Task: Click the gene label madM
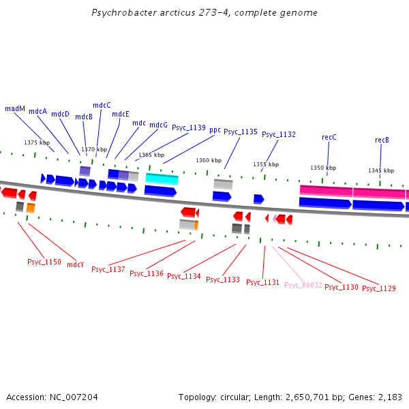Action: point(15,108)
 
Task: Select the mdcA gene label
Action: point(37,111)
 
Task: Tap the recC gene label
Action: point(329,137)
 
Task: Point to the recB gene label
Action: point(382,140)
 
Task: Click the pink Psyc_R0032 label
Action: point(303,285)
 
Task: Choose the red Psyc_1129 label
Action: point(378,288)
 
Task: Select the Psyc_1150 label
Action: point(44,262)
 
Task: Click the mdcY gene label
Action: point(75,264)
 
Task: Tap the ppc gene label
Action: point(215,130)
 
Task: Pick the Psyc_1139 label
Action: point(189,127)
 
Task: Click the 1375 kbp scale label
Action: point(37,142)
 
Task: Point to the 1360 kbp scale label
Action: point(209,160)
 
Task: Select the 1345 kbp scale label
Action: point(381,170)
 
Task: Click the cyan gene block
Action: point(162,179)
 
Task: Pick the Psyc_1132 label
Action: point(279,134)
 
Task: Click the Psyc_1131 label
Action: point(263,282)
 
